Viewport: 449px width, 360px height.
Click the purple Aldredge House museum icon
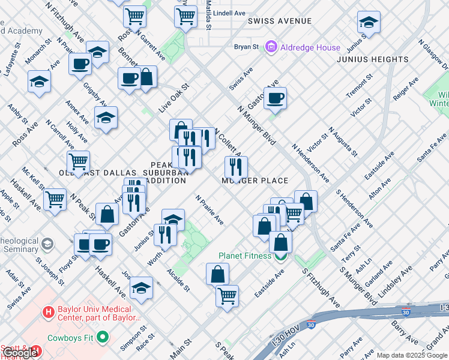coord(271,46)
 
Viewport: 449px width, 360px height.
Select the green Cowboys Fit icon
coord(103,337)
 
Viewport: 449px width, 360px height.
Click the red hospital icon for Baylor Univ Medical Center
coord(48,312)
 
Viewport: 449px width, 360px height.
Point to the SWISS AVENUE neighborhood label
coord(280,21)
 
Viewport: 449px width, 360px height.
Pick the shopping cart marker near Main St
coord(227,295)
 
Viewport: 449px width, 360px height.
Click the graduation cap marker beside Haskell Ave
coord(141,287)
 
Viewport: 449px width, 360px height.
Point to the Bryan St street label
coord(246,46)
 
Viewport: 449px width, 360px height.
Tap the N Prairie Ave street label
coord(209,210)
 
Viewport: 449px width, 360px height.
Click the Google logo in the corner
coord(20,353)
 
